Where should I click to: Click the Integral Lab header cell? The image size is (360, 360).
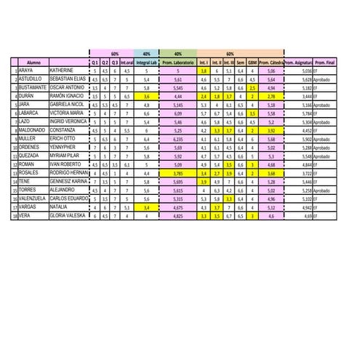tap(148, 63)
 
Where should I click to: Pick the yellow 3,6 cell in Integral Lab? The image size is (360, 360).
tap(148, 96)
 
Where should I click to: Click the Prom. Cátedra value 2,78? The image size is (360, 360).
tap(271, 96)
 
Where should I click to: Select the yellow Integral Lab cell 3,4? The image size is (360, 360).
tap(148, 207)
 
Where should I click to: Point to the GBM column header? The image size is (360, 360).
tap(252, 63)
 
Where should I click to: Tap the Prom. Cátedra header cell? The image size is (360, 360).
tap(271, 63)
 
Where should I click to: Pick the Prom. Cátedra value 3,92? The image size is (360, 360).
tap(271, 130)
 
